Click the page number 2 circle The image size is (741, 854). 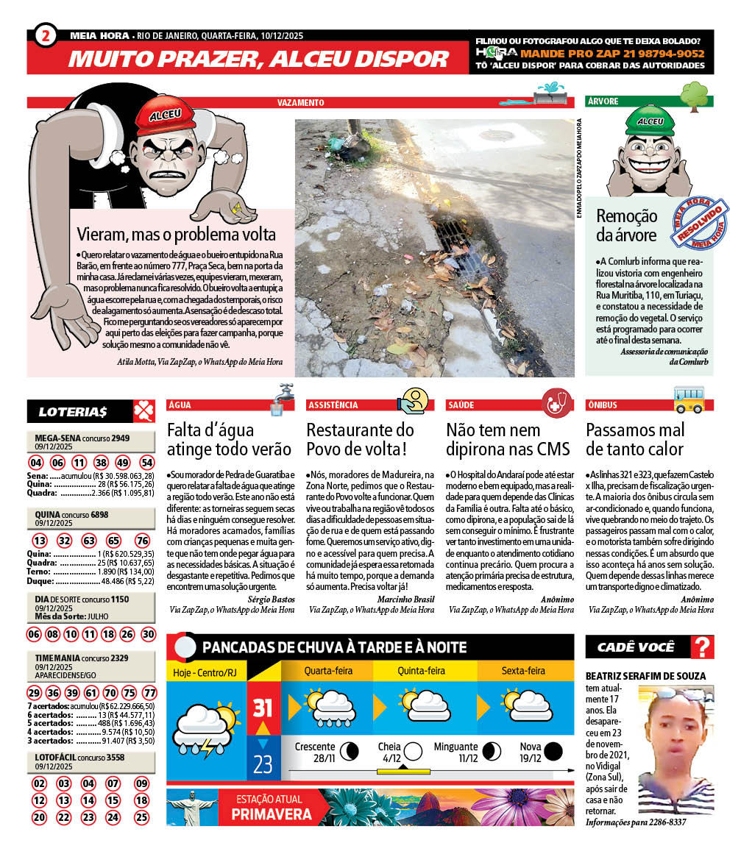tap(46, 35)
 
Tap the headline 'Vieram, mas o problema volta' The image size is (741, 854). tap(177, 235)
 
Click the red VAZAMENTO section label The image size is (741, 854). tap(301, 103)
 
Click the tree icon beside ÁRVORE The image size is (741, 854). tap(693, 96)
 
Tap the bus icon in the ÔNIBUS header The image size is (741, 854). tap(689, 399)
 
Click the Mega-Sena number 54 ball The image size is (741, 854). tap(147, 463)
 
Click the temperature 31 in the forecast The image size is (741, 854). tap(263, 708)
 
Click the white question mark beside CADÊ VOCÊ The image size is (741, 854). tap(703, 647)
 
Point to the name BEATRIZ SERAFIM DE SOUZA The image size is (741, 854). tap(645, 676)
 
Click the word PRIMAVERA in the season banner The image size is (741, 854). tap(272, 814)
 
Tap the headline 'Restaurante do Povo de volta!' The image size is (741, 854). tap(361, 439)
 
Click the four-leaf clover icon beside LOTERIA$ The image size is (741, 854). tap(143, 410)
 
